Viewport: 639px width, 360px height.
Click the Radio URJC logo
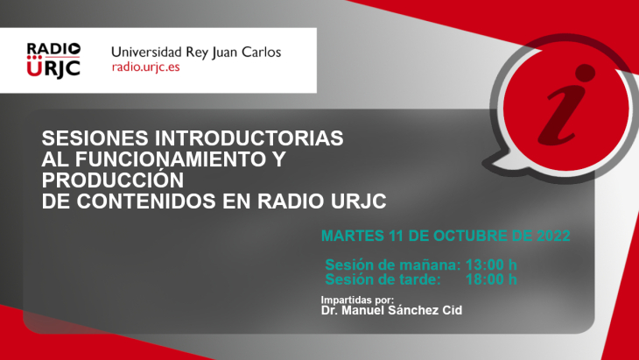(x=54, y=60)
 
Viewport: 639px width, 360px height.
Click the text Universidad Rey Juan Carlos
(x=196, y=52)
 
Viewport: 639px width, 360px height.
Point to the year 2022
(x=550, y=236)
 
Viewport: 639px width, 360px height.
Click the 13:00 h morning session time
(x=491, y=265)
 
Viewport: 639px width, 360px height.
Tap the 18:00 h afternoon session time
(x=491, y=279)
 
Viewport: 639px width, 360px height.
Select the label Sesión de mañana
(x=392, y=265)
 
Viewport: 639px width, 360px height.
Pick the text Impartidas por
(x=357, y=300)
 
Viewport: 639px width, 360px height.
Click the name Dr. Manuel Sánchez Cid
(x=391, y=311)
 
